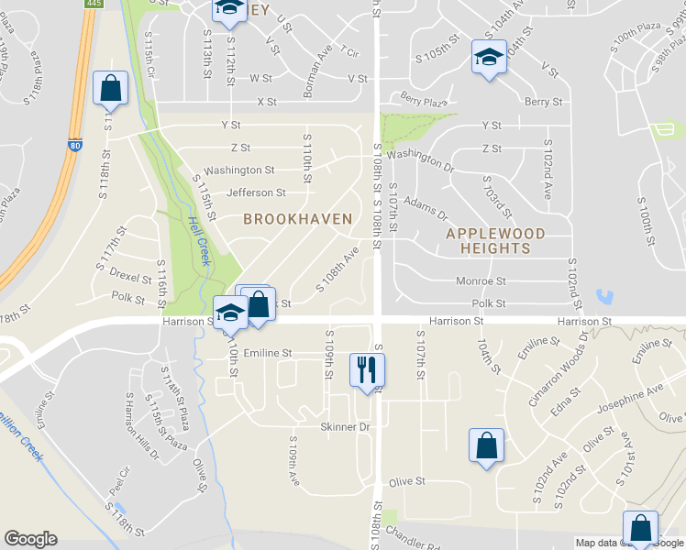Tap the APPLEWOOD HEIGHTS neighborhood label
495,241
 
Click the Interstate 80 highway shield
73,146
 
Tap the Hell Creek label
198,239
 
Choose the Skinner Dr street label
344,427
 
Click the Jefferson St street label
256,193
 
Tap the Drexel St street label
129,277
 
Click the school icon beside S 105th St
488,59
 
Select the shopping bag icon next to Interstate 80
110,90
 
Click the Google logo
30,539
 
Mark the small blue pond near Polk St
603,297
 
